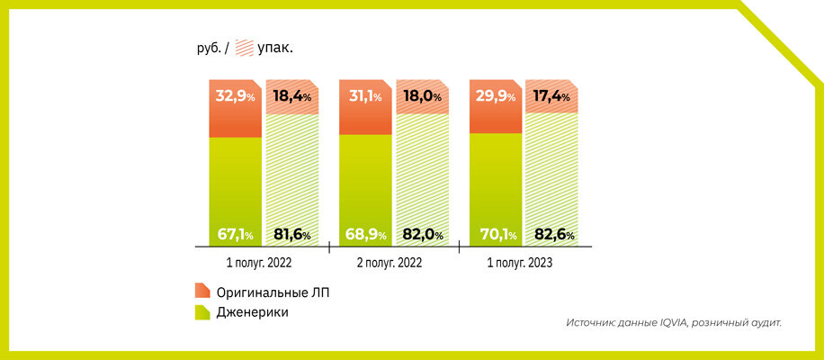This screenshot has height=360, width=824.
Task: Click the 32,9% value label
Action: tap(235, 95)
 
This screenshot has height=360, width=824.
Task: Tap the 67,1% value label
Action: tap(235, 235)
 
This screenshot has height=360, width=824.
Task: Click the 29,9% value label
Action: tap(495, 95)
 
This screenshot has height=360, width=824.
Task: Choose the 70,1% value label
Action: tap(495, 235)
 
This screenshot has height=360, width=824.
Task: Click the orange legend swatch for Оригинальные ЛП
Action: tap(202, 292)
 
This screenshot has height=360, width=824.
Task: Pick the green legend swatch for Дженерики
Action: tap(202, 312)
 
